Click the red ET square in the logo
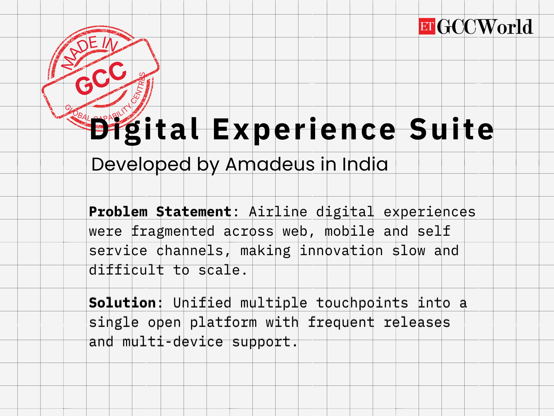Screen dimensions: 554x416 point(427,26)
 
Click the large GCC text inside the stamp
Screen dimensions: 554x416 point(101,78)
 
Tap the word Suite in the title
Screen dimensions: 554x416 point(452,129)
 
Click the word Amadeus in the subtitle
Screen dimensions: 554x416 point(270,164)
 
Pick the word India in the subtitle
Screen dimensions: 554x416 point(365,164)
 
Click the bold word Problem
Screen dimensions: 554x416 point(118,212)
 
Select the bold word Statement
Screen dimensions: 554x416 point(194,212)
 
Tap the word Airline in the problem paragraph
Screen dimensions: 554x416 point(278,212)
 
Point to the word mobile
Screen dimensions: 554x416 point(350,231)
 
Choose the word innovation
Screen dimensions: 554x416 point(341,251)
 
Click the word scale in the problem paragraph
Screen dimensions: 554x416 point(219,270)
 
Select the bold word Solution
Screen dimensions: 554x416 point(123,303)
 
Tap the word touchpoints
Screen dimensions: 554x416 point(362,303)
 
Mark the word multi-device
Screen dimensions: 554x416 point(173,342)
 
